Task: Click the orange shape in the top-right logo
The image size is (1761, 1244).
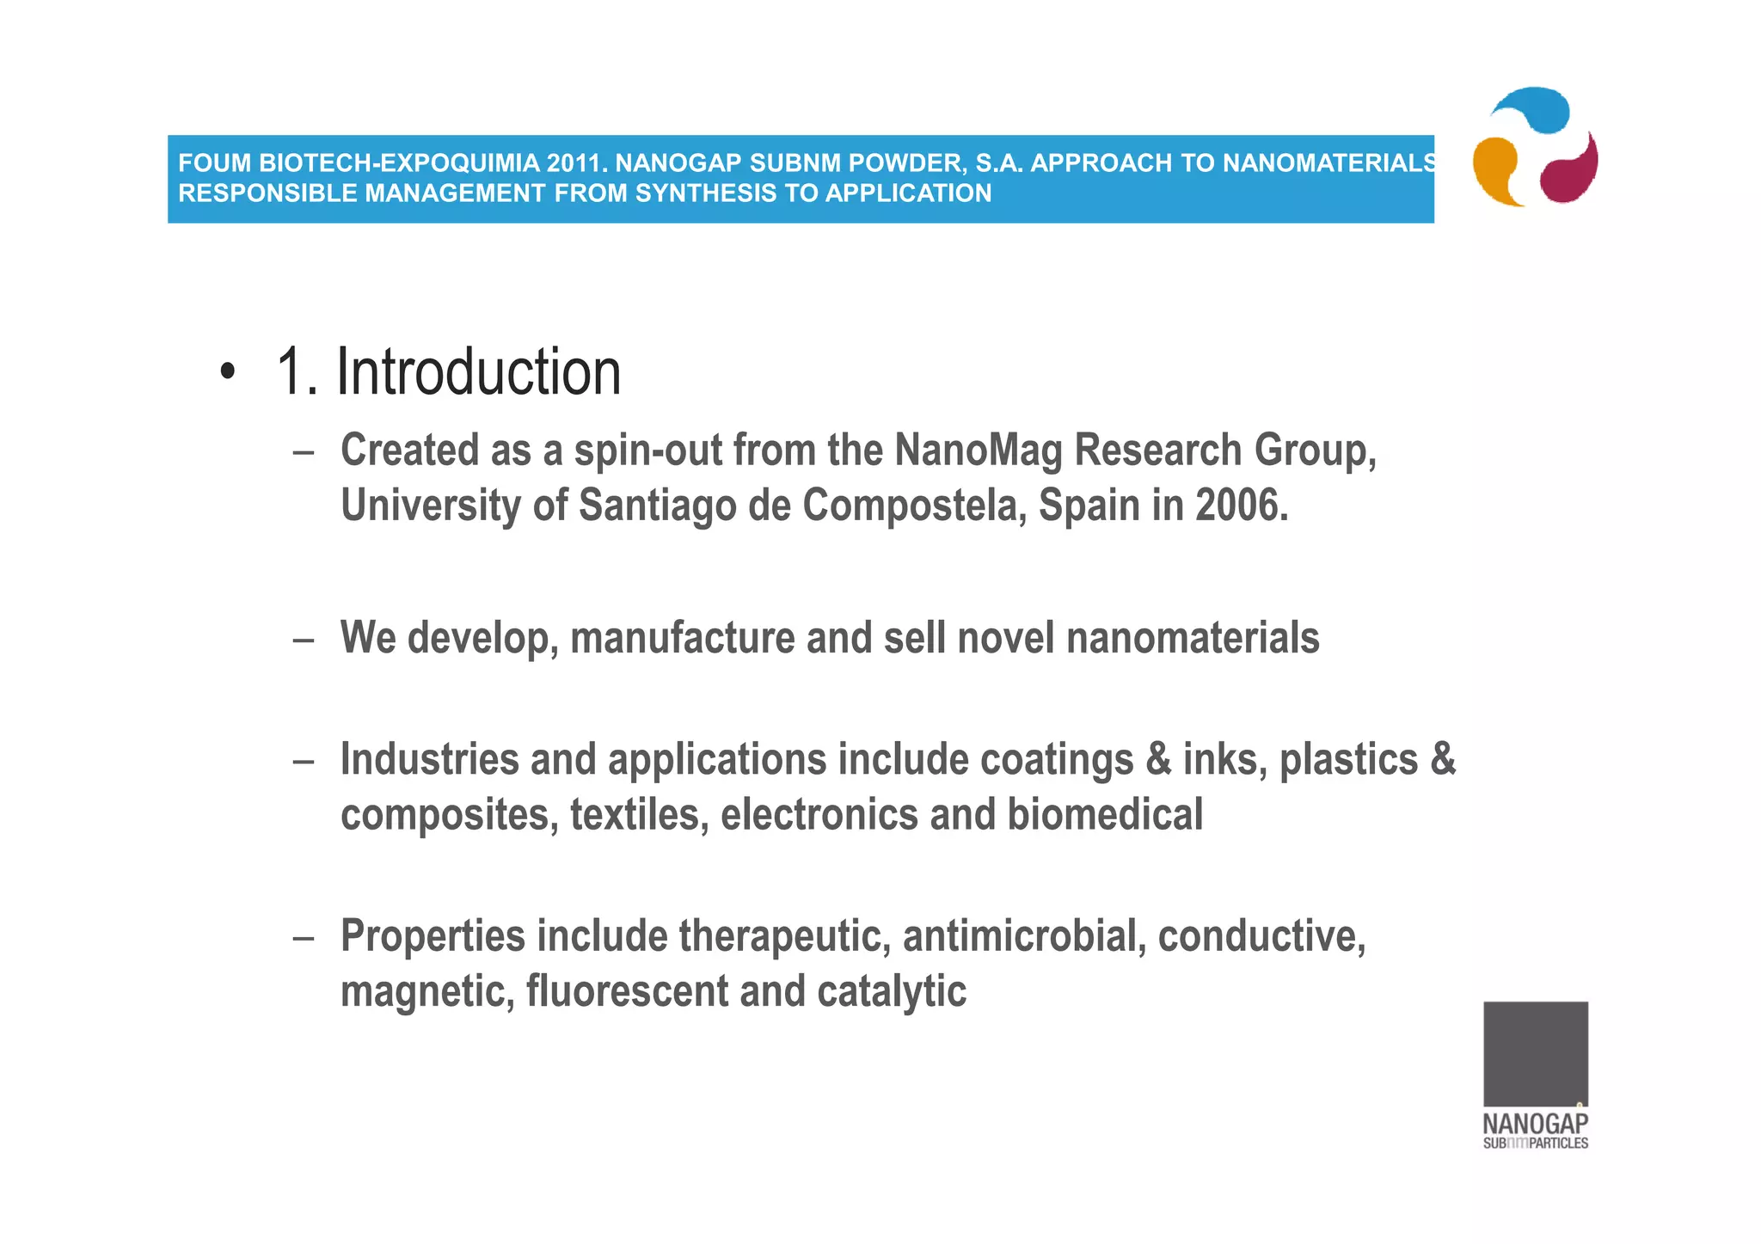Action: tap(1496, 170)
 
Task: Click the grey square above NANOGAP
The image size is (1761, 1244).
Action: tap(1535, 1053)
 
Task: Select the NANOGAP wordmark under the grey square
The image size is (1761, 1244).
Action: tap(1535, 1124)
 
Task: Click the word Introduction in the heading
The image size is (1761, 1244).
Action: tap(478, 372)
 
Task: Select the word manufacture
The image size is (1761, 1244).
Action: tap(683, 639)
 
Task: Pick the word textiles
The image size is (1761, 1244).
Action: tap(639, 815)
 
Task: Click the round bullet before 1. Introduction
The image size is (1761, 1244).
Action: tap(226, 372)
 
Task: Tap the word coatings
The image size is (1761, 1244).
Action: tap(1056, 760)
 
